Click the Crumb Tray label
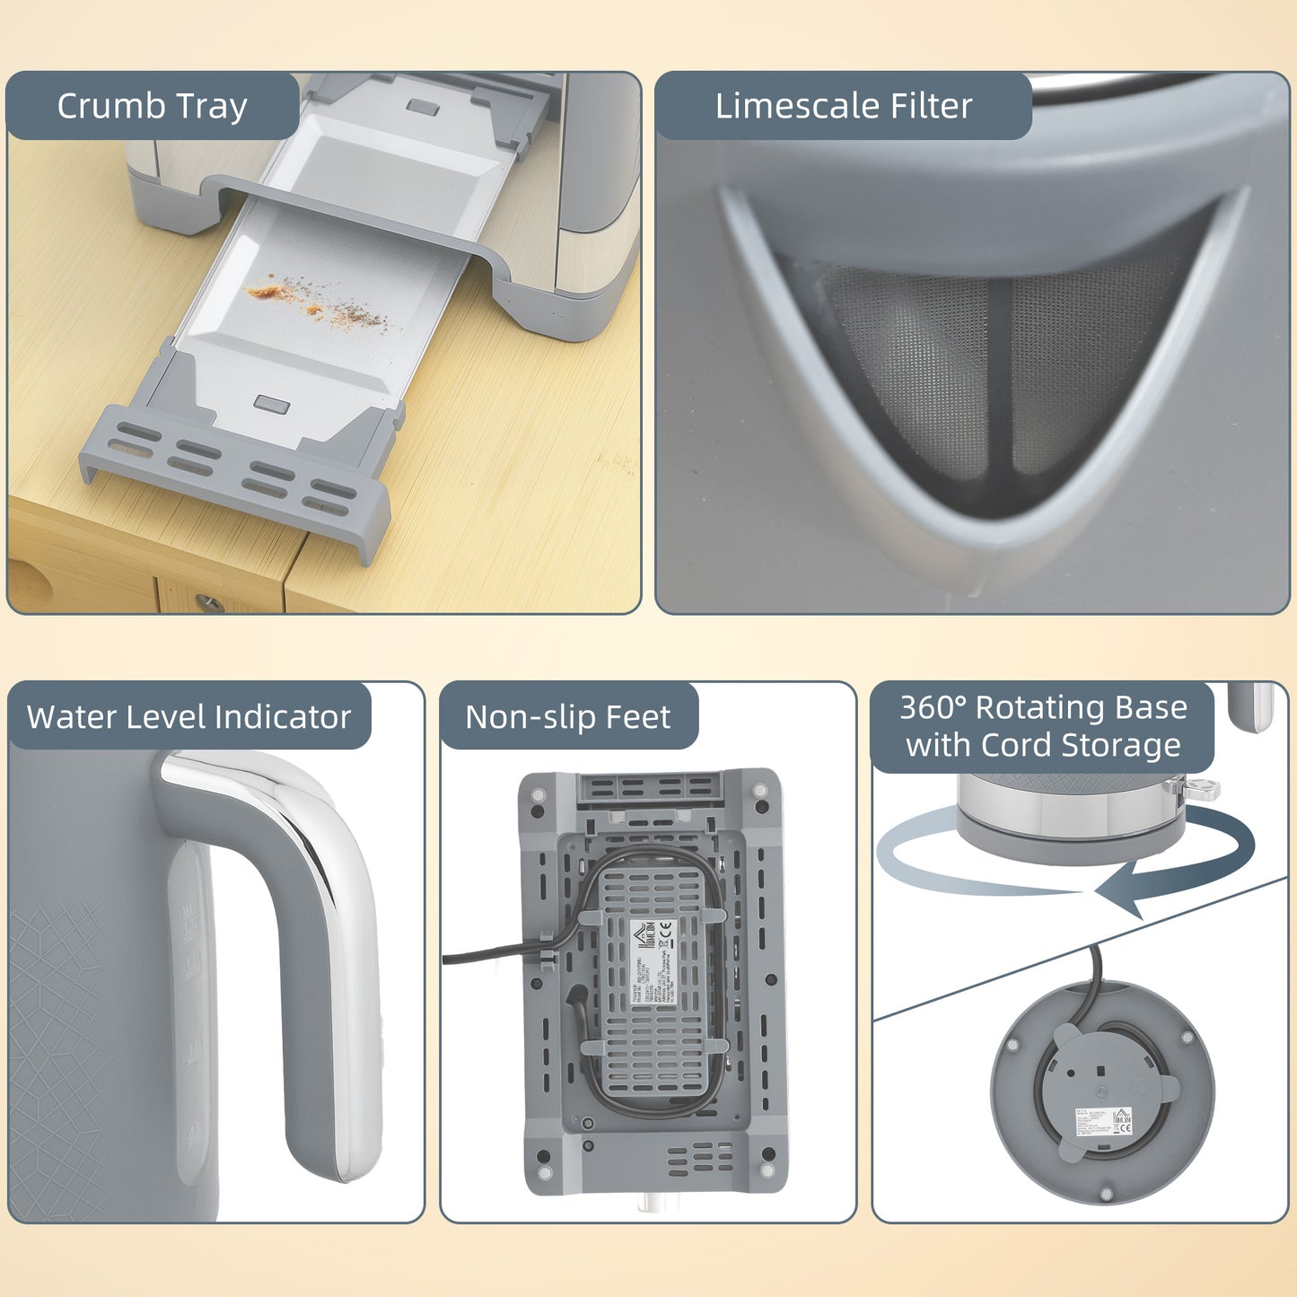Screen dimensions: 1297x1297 [152, 106]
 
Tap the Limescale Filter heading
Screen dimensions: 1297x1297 [843, 106]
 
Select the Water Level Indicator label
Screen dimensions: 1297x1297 [188, 717]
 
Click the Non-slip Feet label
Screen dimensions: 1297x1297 [567, 717]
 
